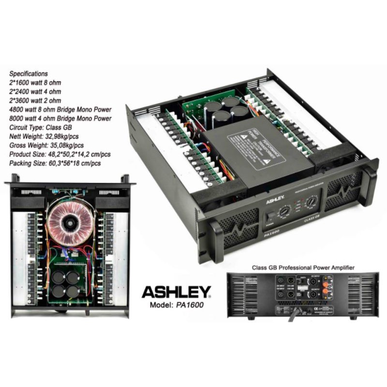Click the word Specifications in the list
coord(29,74)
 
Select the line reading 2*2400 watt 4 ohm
coord(35,91)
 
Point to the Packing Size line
coord(55,164)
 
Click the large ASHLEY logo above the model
coord(176,292)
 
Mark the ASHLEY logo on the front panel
coord(274,199)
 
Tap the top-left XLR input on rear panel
coord(280,282)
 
